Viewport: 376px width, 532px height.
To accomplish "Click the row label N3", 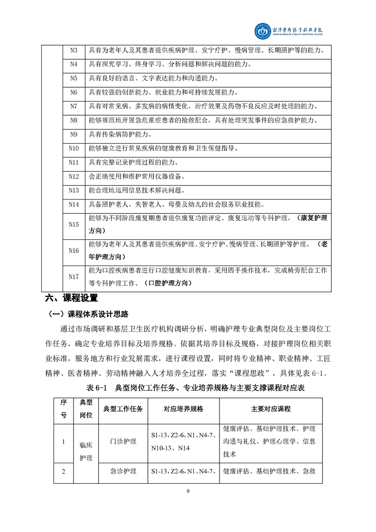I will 73,50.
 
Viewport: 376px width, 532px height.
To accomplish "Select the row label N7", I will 73,106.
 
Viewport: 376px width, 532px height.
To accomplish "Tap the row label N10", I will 73,148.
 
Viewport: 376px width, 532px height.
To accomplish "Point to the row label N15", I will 73,224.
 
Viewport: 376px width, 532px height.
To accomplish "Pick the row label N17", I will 73,277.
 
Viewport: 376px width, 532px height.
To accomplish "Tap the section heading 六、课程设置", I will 71,298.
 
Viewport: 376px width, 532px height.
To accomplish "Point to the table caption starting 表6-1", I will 195,388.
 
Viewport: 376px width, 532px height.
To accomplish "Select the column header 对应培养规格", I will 183,409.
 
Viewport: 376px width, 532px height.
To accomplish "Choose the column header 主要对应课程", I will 271,409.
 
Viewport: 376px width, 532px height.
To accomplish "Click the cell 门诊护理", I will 123,441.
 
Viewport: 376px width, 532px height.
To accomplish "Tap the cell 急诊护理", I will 123,471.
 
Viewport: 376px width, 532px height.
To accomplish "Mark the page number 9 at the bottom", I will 188,491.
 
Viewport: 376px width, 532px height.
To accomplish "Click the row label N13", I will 73,191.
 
